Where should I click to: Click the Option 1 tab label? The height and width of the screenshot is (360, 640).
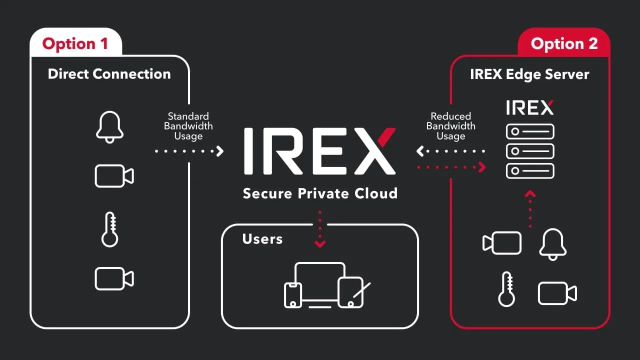75,43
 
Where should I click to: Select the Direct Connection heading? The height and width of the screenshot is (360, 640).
109,74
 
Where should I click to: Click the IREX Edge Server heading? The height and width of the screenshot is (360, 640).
529,74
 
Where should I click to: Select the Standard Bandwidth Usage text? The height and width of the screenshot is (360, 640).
188,126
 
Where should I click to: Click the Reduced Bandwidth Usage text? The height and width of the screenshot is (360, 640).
451,126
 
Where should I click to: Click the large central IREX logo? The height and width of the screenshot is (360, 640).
319,151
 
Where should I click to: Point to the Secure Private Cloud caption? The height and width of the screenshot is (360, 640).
320,193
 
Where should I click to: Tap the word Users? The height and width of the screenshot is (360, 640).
262,239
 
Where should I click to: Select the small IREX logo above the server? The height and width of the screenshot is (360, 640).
529,107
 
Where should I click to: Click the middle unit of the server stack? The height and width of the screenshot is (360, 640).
530,151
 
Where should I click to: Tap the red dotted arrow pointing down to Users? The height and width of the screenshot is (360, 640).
320,229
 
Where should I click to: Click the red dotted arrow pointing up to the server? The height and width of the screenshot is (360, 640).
530,209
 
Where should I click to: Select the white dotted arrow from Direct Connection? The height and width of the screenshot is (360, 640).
189,151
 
